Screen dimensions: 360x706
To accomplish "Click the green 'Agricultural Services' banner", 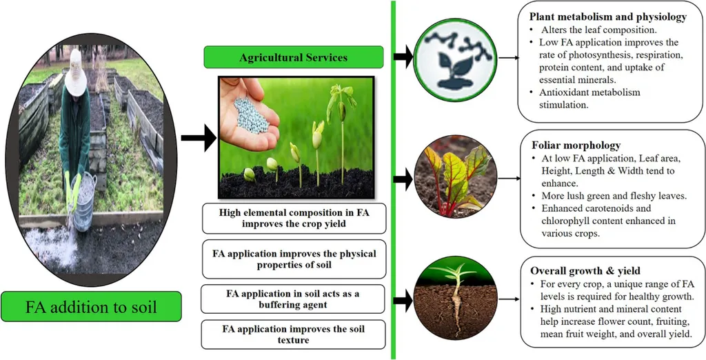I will (x=293, y=57).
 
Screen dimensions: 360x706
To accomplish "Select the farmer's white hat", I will (x=75, y=81).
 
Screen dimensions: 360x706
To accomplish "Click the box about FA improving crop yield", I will (x=293, y=219).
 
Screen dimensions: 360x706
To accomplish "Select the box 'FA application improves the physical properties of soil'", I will (x=293, y=259).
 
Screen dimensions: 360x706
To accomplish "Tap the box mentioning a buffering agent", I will (x=293, y=299).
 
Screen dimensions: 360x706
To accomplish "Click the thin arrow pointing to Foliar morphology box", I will (x=509, y=178).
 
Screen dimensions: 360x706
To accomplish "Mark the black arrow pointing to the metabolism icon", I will (x=403, y=57).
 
